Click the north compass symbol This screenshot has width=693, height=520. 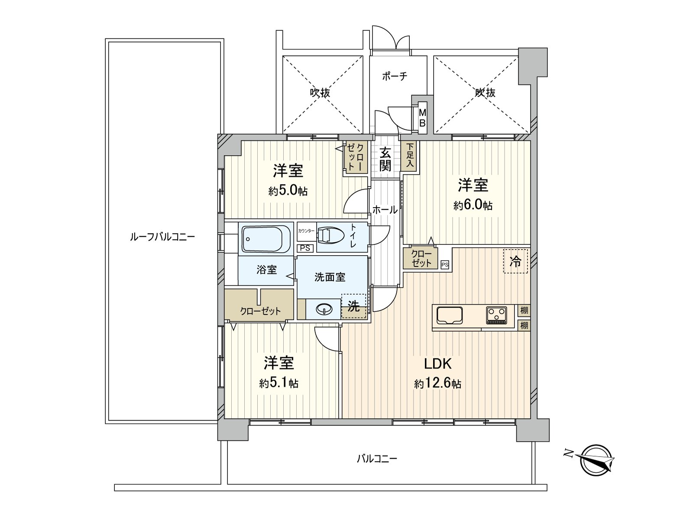pos(597,460)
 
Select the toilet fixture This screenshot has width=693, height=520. pos(331,235)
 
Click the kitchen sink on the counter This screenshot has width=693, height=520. pos(450,315)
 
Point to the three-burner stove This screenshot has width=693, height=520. pos(497,315)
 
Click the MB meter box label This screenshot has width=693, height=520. pos(422,117)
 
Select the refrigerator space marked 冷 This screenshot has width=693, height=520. pos(515,261)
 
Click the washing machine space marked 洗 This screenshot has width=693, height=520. pos(354,307)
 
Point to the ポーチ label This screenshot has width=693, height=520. pos(394,77)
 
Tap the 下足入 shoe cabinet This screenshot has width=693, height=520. pos(409,156)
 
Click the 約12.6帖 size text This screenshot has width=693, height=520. pos(437,384)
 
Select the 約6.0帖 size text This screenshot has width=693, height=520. pos(473,205)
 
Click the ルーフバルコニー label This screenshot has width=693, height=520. pos(162,237)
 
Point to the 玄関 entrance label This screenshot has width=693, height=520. pos(385,159)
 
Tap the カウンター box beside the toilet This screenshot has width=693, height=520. pos(306,231)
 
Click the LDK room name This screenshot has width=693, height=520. pos(439,363)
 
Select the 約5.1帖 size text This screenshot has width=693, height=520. pos(279,383)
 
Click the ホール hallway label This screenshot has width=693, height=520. pos(385,210)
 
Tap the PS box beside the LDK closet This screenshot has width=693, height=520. pos(444,264)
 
